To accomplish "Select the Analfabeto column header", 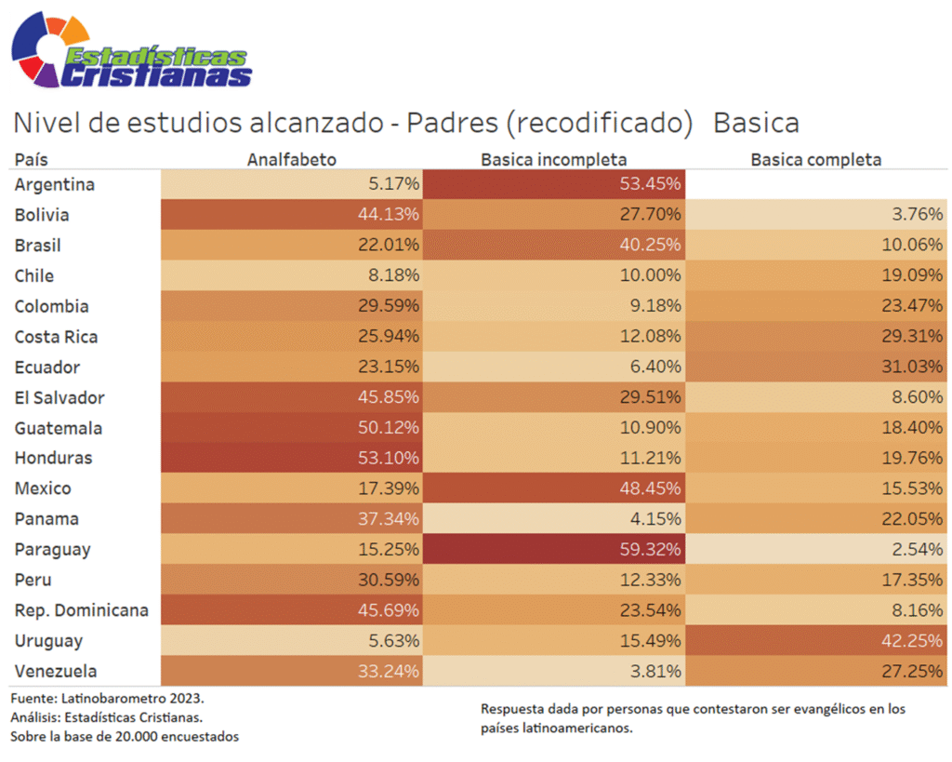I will [x=291, y=159].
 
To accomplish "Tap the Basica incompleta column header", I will [x=553, y=159].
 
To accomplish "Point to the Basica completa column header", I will [x=815, y=159].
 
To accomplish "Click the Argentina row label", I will [x=55, y=184].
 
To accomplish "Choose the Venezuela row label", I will [x=56, y=671].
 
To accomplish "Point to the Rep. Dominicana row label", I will [x=82, y=610].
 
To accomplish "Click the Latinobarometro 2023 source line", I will [x=107, y=697].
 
